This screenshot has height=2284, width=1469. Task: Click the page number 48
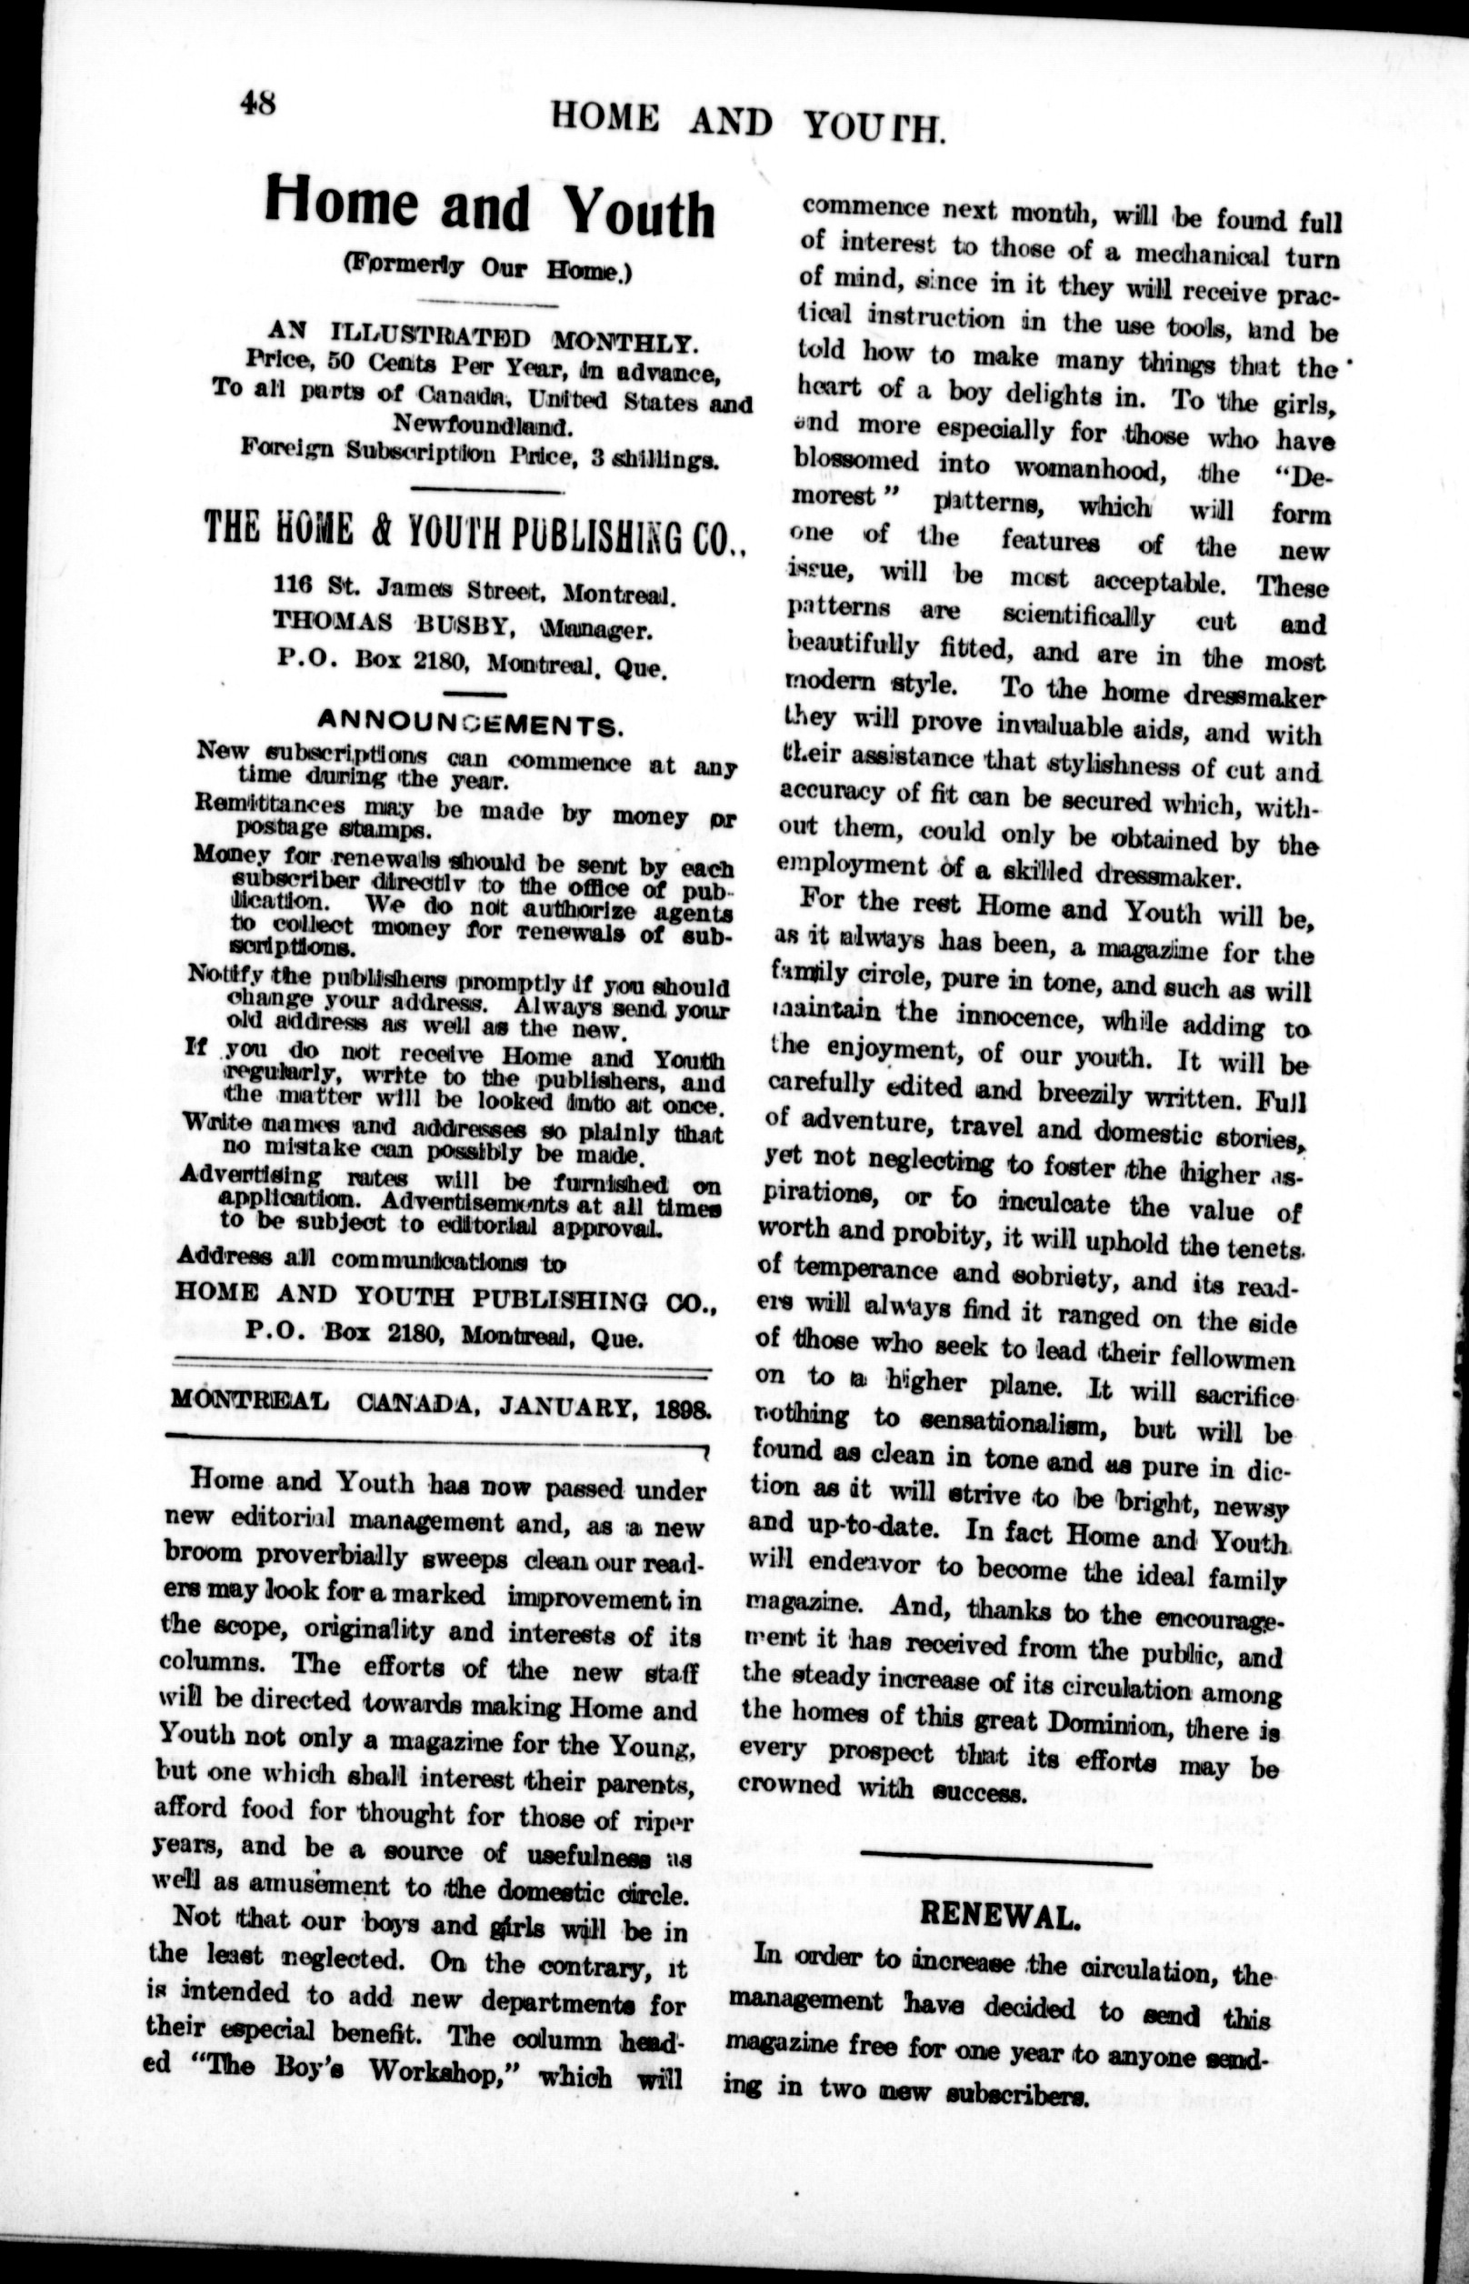click(x=257, y=100)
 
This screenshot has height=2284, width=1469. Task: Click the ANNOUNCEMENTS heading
click(x=470, y=722)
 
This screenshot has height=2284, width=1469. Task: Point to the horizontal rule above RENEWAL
click(x=1006, y=1854)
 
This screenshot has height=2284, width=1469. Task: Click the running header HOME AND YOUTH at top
click(x=749, y=122)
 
